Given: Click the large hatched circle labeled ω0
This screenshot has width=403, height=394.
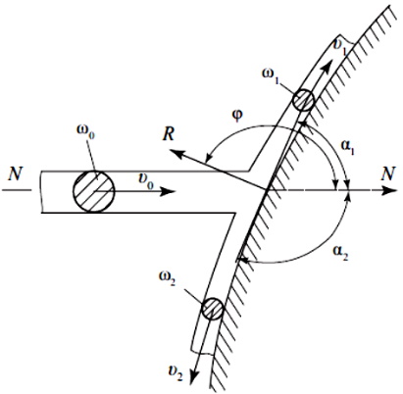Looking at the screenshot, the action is [x=93, y=191].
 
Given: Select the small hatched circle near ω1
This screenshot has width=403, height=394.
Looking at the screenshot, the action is [x=303, y=100].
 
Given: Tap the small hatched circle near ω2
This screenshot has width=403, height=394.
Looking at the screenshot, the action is [x=213, y=309].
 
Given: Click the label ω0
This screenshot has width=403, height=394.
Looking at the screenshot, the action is [x=85, y=130].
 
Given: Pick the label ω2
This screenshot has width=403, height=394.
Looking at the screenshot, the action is [x=168, y=278].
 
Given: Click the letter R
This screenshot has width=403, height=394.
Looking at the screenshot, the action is [x=169, y=133].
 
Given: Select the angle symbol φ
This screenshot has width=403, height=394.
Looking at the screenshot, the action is [x=238, y=116].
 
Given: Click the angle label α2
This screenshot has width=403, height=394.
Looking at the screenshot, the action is [x=340, y=253].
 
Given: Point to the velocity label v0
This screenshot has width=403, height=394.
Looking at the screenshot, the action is [x=146, y=180].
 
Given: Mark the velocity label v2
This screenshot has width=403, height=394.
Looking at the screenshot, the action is [x=175, y=372].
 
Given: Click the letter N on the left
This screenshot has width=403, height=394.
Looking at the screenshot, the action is [x=15, y=174].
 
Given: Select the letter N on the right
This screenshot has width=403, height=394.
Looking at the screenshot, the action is [x=387, y=173].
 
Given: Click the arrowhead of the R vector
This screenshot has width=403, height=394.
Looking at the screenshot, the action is [x=177, y=152].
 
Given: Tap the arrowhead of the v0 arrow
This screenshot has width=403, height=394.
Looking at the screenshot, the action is [x=168, y=191].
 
